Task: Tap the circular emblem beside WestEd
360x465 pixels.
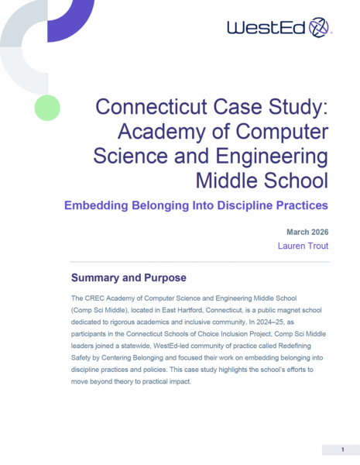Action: (318, 28)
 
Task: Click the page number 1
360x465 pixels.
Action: (342, 449)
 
